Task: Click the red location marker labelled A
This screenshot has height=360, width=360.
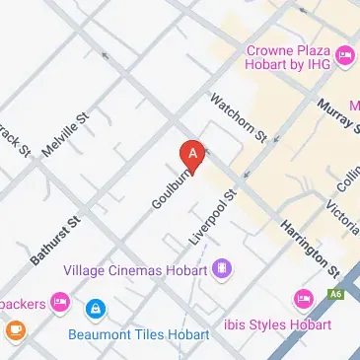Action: click(x=192, y=156)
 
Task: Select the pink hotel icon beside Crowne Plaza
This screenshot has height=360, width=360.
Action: click(x=344, y=54)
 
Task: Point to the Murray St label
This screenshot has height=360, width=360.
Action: click(x=335, y=117)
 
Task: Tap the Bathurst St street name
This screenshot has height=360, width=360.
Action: click(x=53, y=239)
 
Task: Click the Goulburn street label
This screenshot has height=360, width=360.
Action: click(x=168, y=187)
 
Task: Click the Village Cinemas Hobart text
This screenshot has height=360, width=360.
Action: click(x=135, y=269)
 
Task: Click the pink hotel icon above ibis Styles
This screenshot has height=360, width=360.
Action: click(x=304, y=299)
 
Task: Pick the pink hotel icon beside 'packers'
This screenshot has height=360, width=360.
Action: click(x=60, y=299)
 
